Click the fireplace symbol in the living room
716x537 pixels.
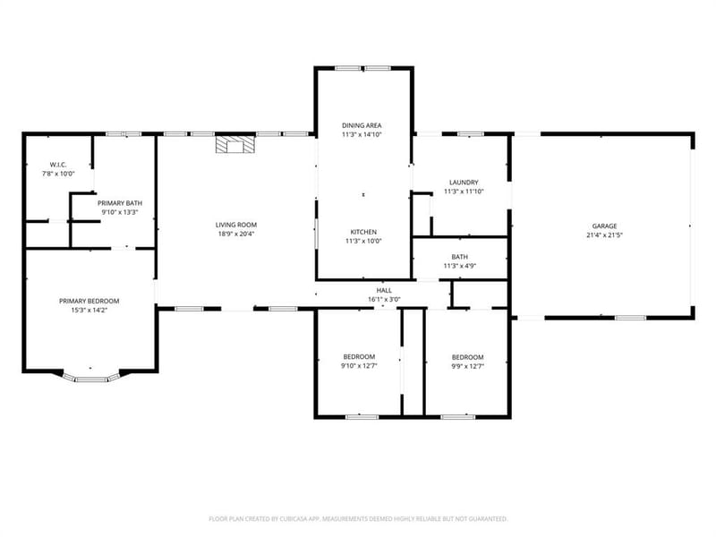click(235, 144)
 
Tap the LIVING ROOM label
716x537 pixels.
click(236, 225)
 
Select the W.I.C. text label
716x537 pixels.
click(58, 165)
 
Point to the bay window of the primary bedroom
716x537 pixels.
click(90, 376)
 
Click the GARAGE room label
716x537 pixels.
click(605, 226)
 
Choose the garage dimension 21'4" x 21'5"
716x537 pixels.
click(605, 235)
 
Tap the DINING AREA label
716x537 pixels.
click(362, 125)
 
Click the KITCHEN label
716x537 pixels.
click(363, 232)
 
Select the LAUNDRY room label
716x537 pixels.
click(464, 183)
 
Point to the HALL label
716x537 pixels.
click(384, 290)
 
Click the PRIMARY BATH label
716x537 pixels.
click(120, 203)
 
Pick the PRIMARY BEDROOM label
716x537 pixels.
click(89, 301)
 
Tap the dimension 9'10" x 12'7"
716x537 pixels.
click(359, 366)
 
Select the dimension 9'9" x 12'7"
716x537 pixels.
click(467, 366)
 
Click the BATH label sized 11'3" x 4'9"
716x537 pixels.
click(459, 257)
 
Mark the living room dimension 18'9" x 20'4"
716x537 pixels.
click(236, 234)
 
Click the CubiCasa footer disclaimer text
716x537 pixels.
click(358, 519)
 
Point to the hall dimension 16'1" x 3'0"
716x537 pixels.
click(384, 300)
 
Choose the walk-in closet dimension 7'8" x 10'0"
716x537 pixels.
click(58, 174)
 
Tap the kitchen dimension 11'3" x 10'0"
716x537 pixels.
click(363, 241)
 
